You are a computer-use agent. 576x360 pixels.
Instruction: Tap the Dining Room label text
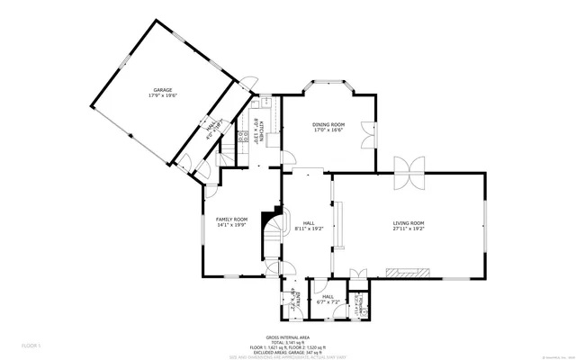click(x=328, y=124)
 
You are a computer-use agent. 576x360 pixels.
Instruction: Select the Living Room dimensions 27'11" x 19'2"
click(x=408, y=229)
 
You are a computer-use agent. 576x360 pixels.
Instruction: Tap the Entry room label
click(x=292, y=297)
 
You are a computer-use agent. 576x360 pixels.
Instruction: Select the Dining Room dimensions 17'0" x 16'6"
click(x=328, y=130)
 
